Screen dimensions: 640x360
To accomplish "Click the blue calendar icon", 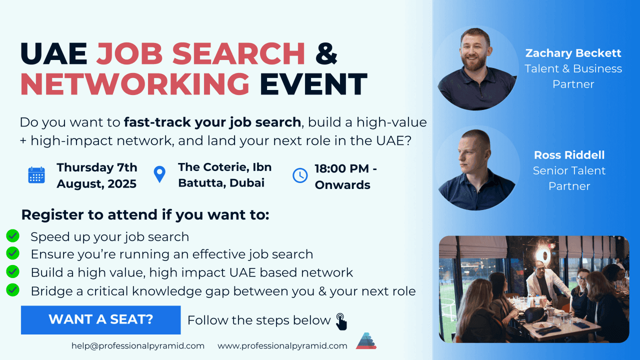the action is pos(36,175).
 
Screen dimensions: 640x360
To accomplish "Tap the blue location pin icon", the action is pos(159,173).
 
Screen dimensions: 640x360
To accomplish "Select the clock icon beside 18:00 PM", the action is pos(300,175).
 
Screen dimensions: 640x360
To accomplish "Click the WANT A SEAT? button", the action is pos(100,320).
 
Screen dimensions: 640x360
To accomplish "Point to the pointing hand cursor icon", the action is pos(341,321).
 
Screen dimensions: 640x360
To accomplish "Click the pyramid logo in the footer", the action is pos(366,341).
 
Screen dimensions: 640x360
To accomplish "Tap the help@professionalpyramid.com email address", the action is pos(137,346).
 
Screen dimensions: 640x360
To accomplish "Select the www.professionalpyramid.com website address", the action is pos(282,346).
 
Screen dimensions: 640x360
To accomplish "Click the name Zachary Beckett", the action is pos(573,53).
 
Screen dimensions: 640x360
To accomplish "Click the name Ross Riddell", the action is pos(569,155).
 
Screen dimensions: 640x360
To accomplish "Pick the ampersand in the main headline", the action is pos(326,53).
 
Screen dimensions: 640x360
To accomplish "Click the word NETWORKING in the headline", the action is pos(135,84).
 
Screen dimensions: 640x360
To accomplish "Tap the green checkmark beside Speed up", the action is pos(12,236).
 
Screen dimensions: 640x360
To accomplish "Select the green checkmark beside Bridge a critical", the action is pos(12,290).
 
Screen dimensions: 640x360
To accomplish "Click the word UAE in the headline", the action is pos(53,53).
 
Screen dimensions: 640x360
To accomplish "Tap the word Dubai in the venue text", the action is pos(247,183).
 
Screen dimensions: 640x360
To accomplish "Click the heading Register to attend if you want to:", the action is pos(145,215).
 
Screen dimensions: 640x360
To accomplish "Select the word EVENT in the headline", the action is pos(313,84).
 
